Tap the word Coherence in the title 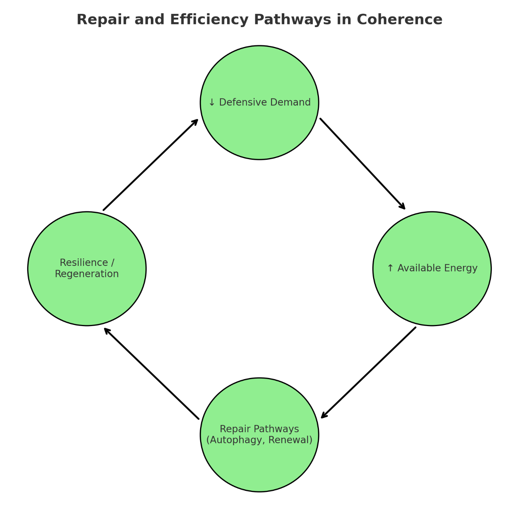399,20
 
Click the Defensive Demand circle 259,128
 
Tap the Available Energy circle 432,293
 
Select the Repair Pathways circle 259,463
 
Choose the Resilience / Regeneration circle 87,297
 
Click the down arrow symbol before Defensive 212,102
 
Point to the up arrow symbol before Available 390,268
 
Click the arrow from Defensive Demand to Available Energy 363,164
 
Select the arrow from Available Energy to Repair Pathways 369,372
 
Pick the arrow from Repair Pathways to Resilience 152,373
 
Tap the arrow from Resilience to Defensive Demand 150,165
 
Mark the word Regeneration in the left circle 87,274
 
